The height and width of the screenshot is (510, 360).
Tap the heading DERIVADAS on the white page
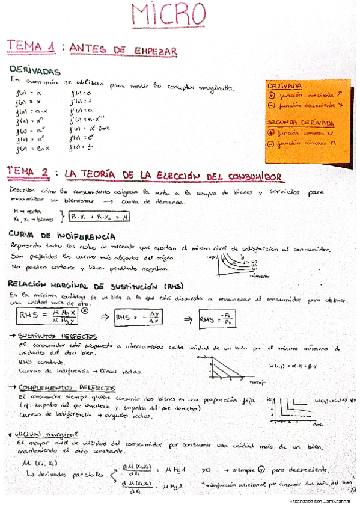[35, 71]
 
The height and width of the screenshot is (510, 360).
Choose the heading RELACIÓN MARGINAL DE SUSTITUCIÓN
[87, 285]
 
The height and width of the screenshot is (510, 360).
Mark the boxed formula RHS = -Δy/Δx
[139, 317]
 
